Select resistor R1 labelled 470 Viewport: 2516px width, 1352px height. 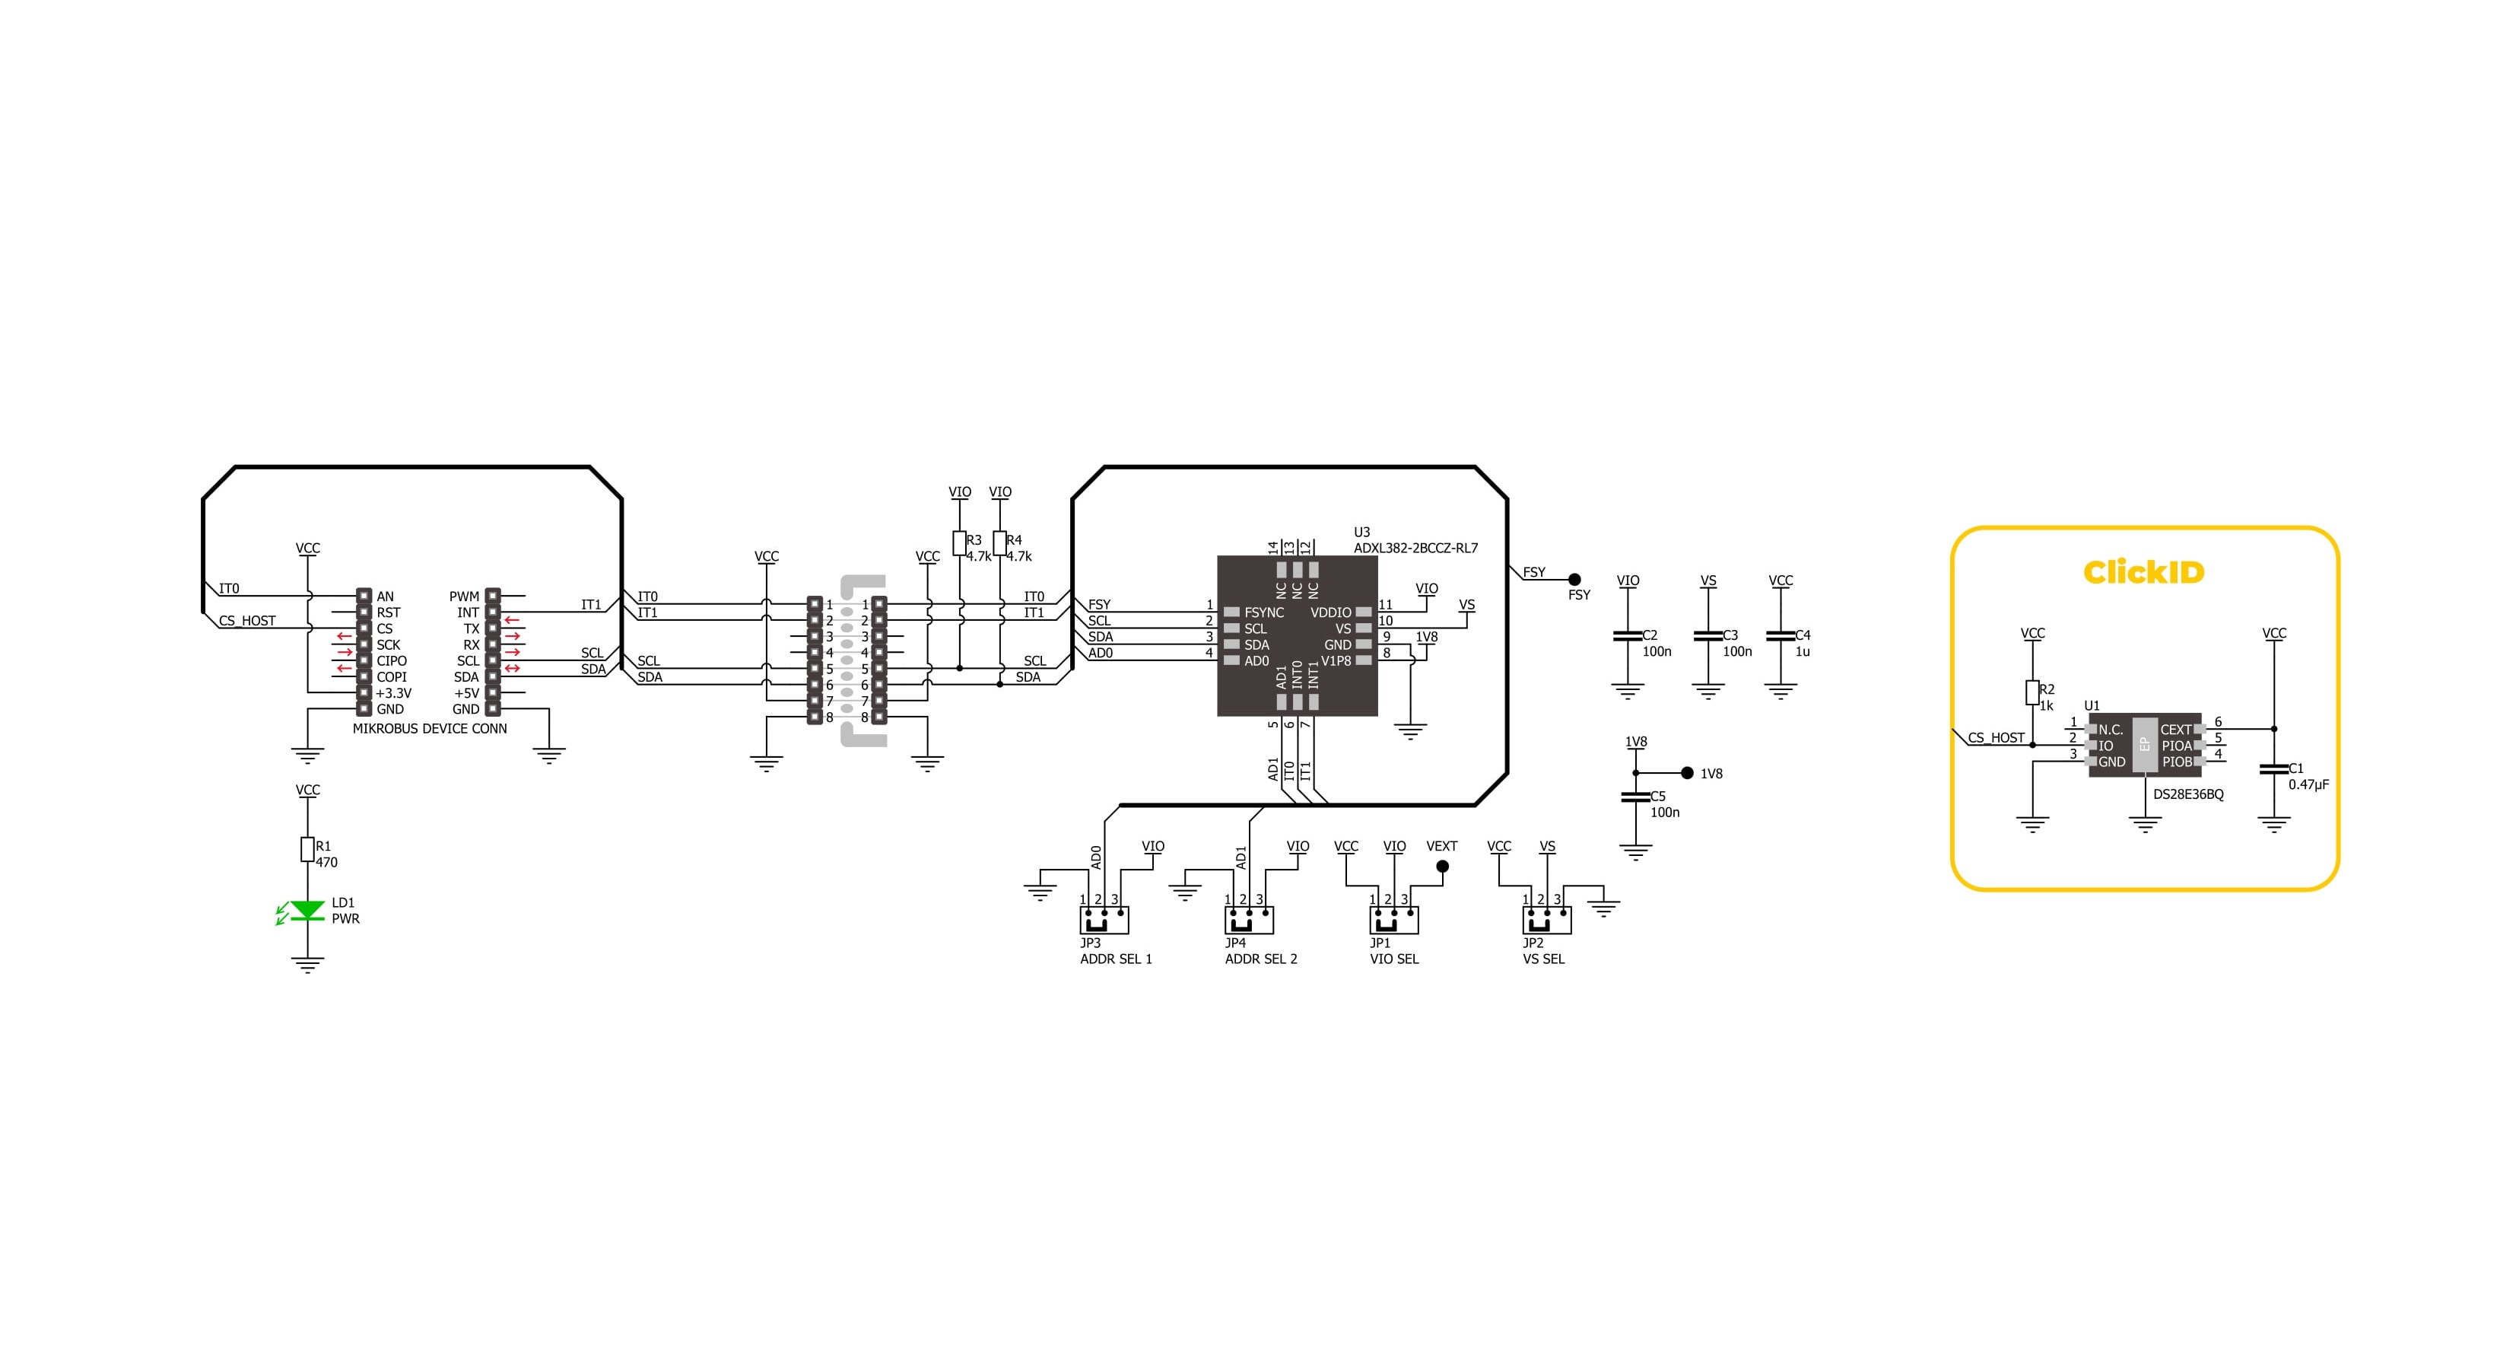coord(308,849)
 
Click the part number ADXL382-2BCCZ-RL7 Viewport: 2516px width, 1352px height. coord(1415,548)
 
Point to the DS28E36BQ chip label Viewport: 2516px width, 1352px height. coord(2188,794)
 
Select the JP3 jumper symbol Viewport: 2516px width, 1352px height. coord(1104,919)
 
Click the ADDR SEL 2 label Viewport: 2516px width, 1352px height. coord(1261,959)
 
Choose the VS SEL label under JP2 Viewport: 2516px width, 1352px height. coord(1543,959)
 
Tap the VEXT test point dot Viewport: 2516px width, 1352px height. coord(1443,867)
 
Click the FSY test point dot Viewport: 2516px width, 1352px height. coord(1574,579)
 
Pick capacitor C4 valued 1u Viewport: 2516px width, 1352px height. coord(1781,636)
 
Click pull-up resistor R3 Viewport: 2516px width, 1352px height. coord(959,543)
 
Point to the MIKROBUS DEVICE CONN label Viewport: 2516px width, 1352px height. coord(430,729)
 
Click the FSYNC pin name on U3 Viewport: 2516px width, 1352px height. coord(1264,612)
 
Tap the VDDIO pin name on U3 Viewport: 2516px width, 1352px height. coord(1331,612)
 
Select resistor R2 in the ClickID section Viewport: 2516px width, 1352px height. coord(2032,692)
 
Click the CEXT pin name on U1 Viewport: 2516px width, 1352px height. coord(2176,730)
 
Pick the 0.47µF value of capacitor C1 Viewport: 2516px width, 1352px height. coord(2309,784)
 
